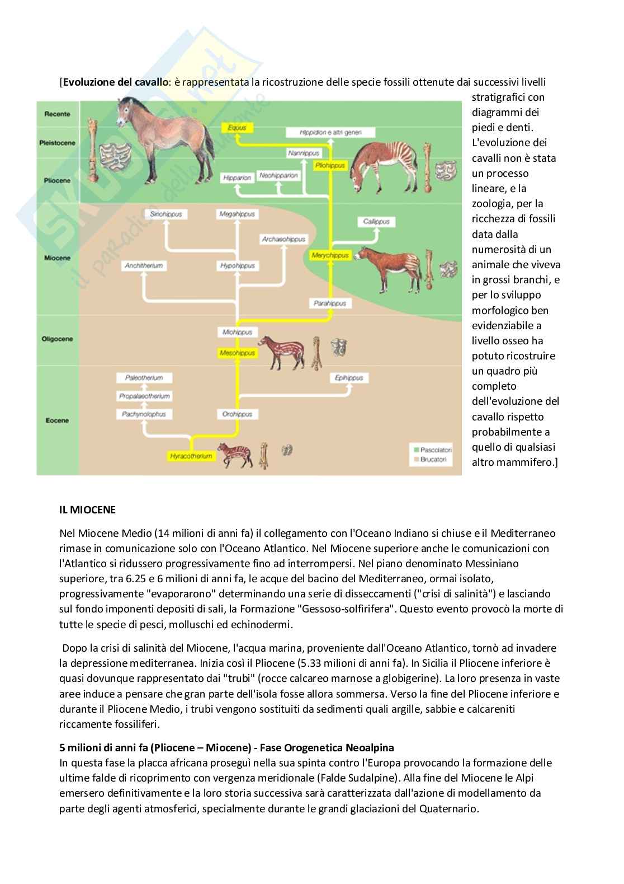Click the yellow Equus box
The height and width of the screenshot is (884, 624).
click(x=237, y=128)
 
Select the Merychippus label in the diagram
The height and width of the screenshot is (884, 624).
click(x=330, y=255)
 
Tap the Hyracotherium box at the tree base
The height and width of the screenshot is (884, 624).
click(x=191, y=456)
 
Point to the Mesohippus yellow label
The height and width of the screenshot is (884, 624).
click(x=237, y=353)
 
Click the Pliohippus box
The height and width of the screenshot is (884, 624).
click(x=330, y=166)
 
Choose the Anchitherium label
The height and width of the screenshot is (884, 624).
click(x=144, y=266)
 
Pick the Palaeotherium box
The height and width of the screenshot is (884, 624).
click(x=144, y=378)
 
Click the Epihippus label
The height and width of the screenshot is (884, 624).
click(x=349, y=378)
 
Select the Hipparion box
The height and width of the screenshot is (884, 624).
click(x=237, y=177)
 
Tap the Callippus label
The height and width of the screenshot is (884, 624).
click(x=376, y=222)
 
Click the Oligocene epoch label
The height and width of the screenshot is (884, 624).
click(x=57, y=339)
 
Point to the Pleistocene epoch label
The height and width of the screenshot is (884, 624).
click(x=57, y=143)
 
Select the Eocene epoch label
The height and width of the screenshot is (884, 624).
click(x=57, y=420)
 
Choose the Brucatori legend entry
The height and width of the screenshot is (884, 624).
click(x=432, y=460)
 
